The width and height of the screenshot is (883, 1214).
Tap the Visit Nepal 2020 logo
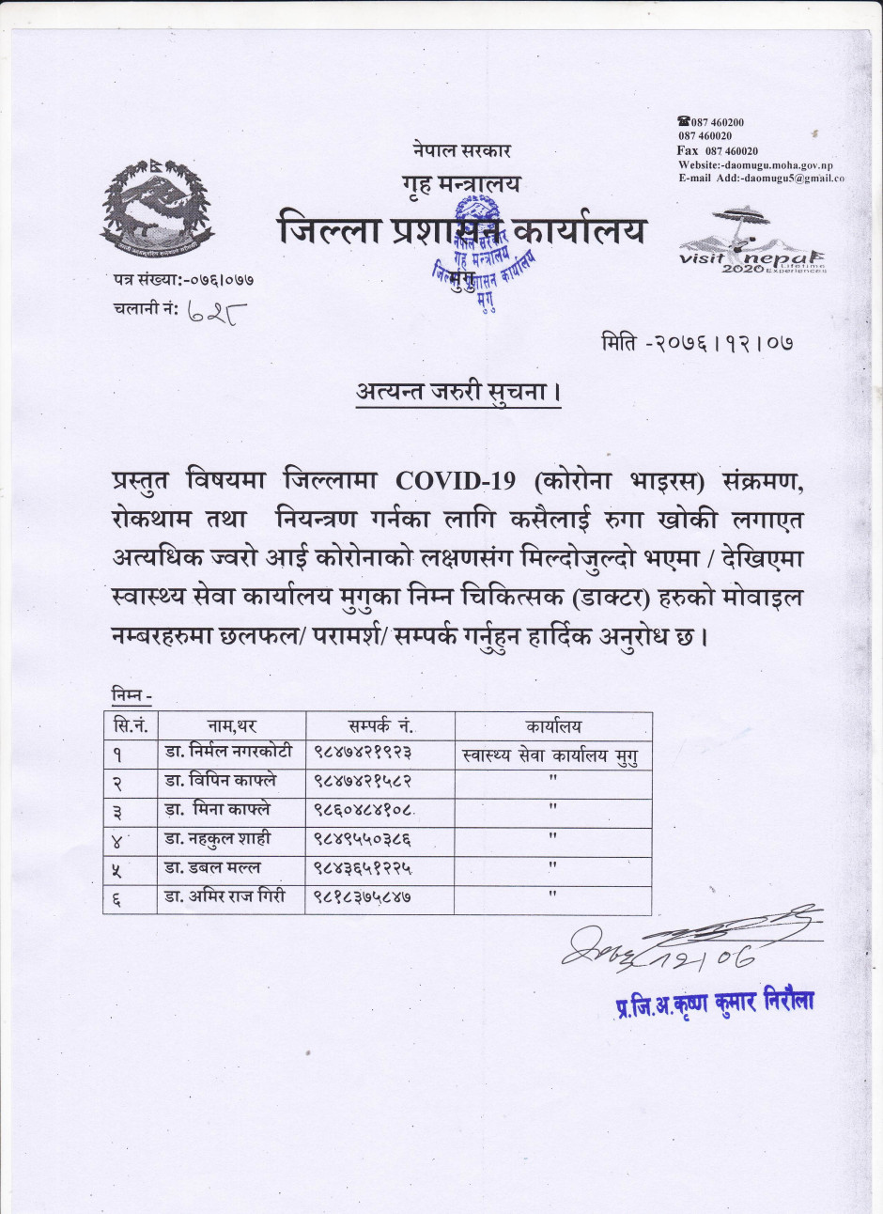(x=751, y=243)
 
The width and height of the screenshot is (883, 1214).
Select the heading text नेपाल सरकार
(x=461, y=149)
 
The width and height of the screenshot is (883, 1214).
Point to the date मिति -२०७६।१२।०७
(x=697, y=343)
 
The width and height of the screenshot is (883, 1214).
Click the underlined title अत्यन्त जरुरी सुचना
(x=457, y=392)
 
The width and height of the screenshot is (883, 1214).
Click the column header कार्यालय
(x=553, y=726)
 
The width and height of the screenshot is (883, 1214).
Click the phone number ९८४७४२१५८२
(x=363, y=781)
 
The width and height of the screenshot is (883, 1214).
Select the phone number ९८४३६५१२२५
(x=363, y=867)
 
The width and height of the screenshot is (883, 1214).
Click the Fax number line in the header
(x=718, y=150)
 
